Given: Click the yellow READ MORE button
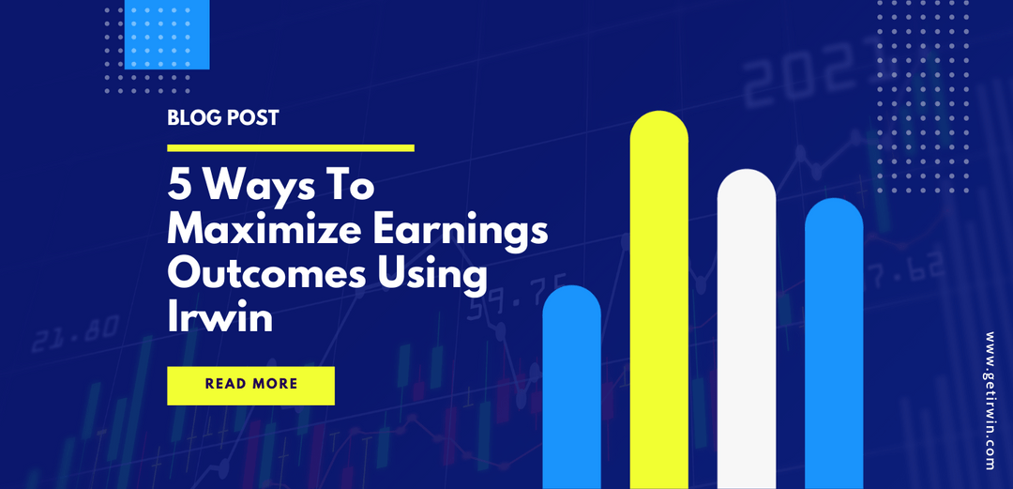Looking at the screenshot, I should (250, 385).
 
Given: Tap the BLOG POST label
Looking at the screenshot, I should (222, 119).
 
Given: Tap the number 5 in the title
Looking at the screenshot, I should (177, 186).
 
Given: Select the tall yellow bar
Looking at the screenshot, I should (658, 300).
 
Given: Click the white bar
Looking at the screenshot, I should (747, 329).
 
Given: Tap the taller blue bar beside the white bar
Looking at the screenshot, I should (834, 343).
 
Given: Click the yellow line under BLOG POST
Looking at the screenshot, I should (290, 147).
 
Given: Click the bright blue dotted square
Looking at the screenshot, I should (166, 35).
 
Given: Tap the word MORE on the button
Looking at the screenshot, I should (275, 385).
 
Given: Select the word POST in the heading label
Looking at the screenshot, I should (250, 119).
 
